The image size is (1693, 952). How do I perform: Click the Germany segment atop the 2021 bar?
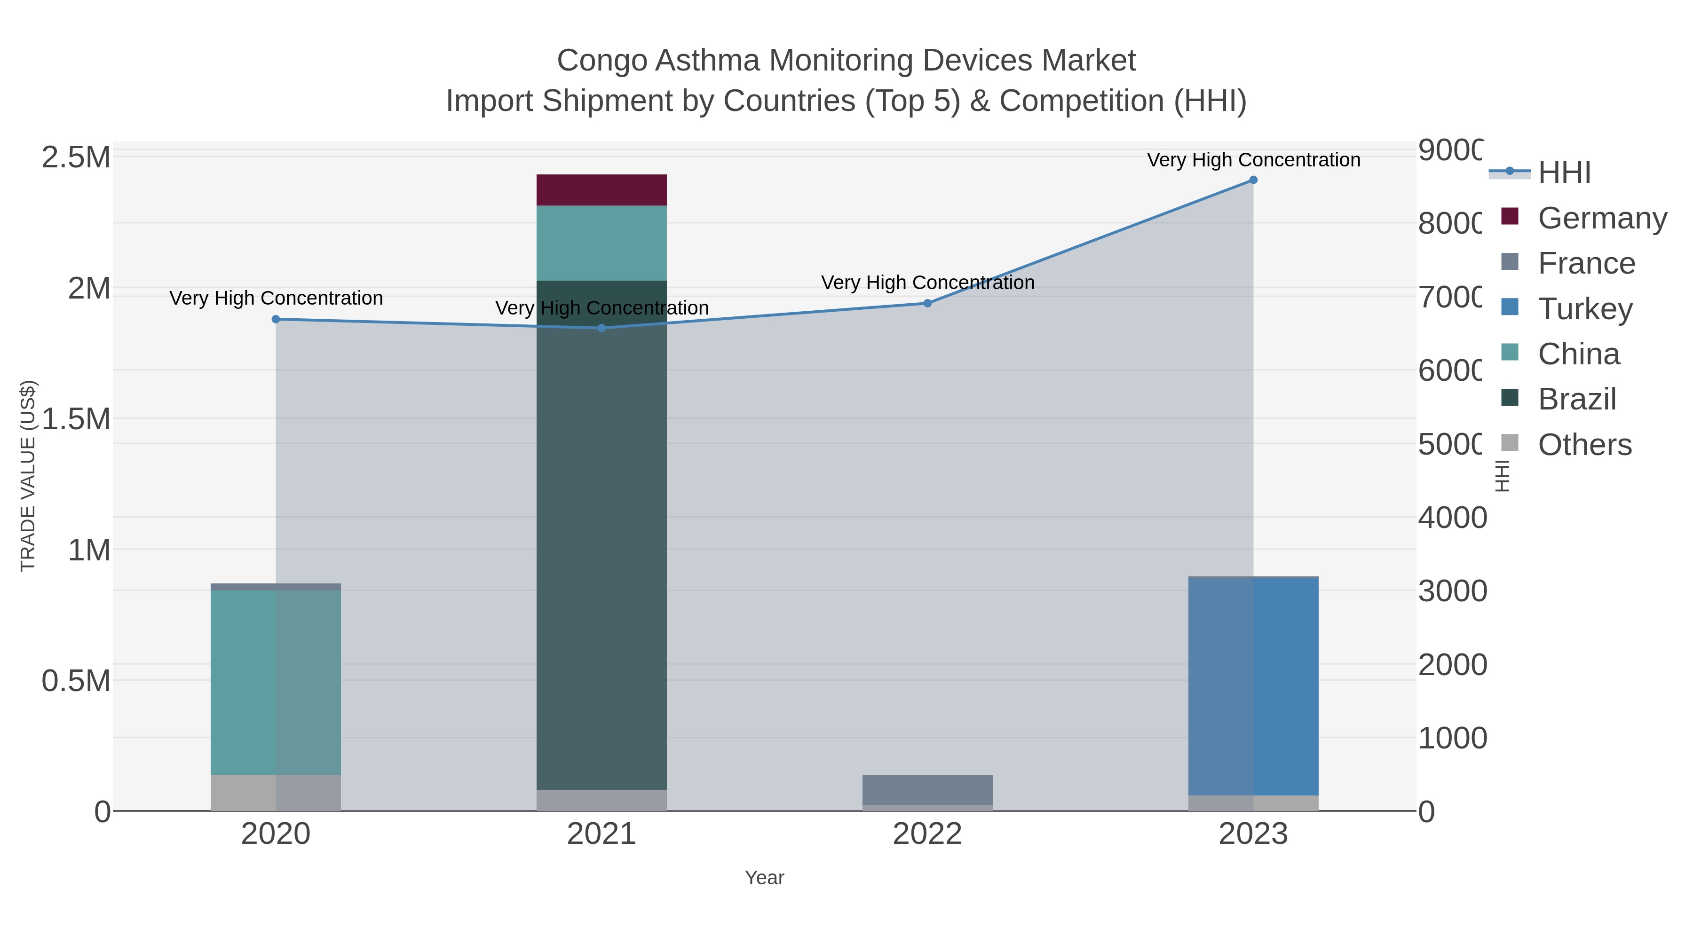(601, 190)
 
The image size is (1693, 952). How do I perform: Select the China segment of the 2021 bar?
(601, 243)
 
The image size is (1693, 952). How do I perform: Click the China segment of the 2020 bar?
(276, 682)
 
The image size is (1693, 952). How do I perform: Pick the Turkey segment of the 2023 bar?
(1253, 686)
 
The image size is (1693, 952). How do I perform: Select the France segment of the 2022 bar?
(927, 790)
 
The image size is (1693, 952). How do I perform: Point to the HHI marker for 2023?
(1253, 180)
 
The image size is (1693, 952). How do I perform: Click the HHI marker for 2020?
(276, 319)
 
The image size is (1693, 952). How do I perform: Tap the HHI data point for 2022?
(927, 304)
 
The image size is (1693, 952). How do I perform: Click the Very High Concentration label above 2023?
(1253, 160)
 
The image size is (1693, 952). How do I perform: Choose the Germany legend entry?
(1602, 218)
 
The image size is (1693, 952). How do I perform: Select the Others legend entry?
(1584, 445)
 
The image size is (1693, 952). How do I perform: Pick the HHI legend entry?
(1564, 173)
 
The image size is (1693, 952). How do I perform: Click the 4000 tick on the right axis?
(1452, 518)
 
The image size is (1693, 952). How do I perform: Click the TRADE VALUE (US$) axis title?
(28, 476)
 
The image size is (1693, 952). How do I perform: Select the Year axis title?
(764, 878)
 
